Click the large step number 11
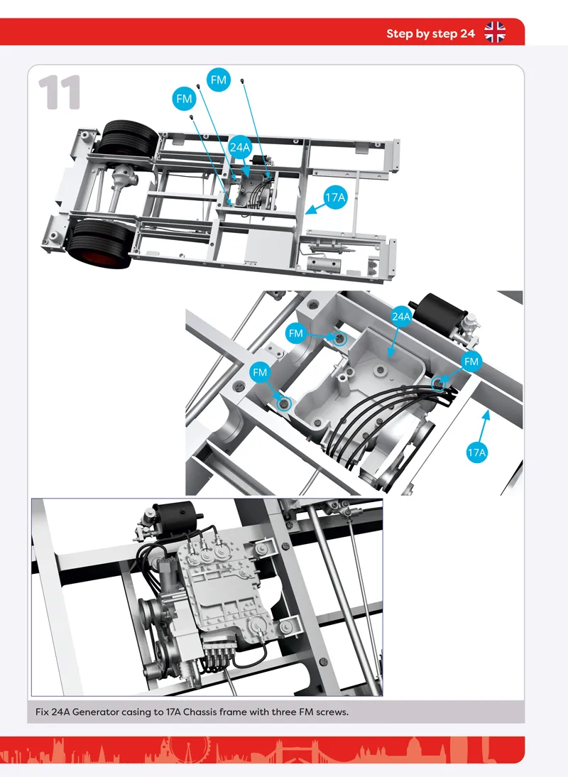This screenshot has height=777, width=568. [x=60, y=92]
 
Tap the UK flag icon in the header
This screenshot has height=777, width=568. [x=495, y=32]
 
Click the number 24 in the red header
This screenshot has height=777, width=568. [x=467, y=33]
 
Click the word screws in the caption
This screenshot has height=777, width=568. [x=332, y=712]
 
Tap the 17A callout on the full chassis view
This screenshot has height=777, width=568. [x=334, y=197]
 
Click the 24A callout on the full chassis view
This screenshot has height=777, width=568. [x=240, y=147]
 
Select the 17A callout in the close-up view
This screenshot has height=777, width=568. [x=476, y=452]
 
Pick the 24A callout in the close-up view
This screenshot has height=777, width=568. [x=401, y=316]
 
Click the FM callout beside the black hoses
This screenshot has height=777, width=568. [x=471, y=362]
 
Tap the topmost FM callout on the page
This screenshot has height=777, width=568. [x=219, y=80]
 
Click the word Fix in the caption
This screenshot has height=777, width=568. [x=42, y=712]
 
